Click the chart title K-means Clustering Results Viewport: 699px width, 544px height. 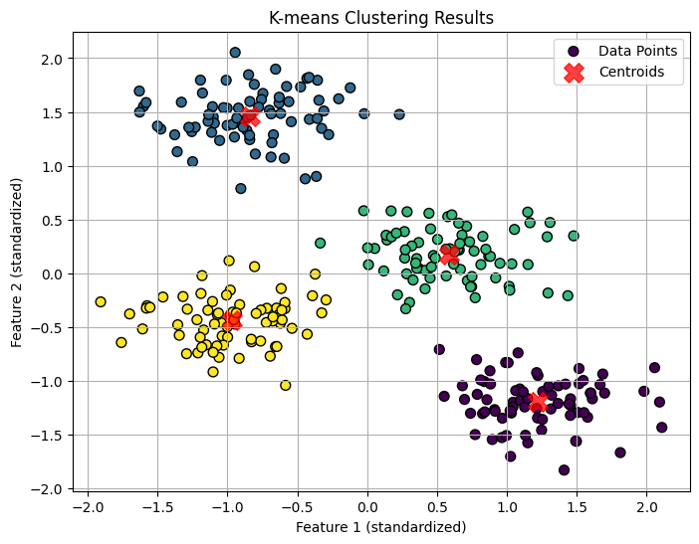381,17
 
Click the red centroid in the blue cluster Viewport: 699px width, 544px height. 249,117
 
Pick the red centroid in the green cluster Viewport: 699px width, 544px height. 449,255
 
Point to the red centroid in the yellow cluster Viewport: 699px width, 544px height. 232,320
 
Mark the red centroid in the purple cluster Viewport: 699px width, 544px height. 538,402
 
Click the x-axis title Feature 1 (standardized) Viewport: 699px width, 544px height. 381,527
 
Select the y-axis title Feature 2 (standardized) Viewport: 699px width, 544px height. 17,263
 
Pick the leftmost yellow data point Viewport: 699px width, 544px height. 101,301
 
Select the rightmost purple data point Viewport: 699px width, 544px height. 662,428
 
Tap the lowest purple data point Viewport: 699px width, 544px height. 565,470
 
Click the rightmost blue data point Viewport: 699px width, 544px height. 399,114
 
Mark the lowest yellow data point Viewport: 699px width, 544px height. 286,385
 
